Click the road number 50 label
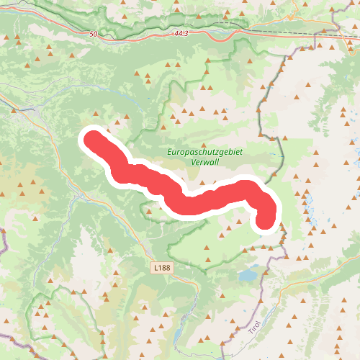point(94,35)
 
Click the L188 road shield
point(162,267)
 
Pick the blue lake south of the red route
point(249,274)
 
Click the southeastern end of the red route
point(266,220)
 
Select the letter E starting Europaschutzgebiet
point(170,153)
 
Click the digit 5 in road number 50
point(91,35)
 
